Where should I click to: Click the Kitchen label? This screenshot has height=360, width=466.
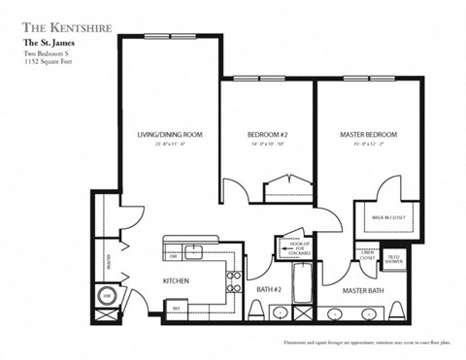coord(176,280)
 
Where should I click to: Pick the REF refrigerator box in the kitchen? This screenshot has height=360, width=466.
coord(177,310)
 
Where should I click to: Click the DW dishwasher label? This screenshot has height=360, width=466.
coord(173,256)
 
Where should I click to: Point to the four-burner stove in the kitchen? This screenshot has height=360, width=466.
coord(233,282)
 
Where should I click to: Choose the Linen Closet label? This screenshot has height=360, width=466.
coord(367,257)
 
